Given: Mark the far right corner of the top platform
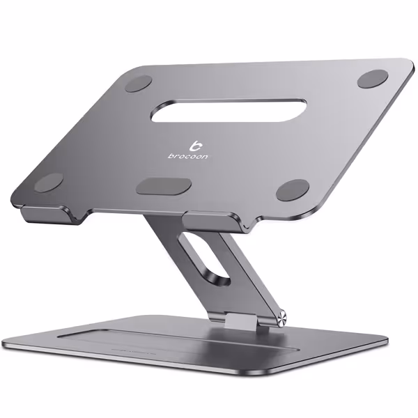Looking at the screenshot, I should [411, 64].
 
